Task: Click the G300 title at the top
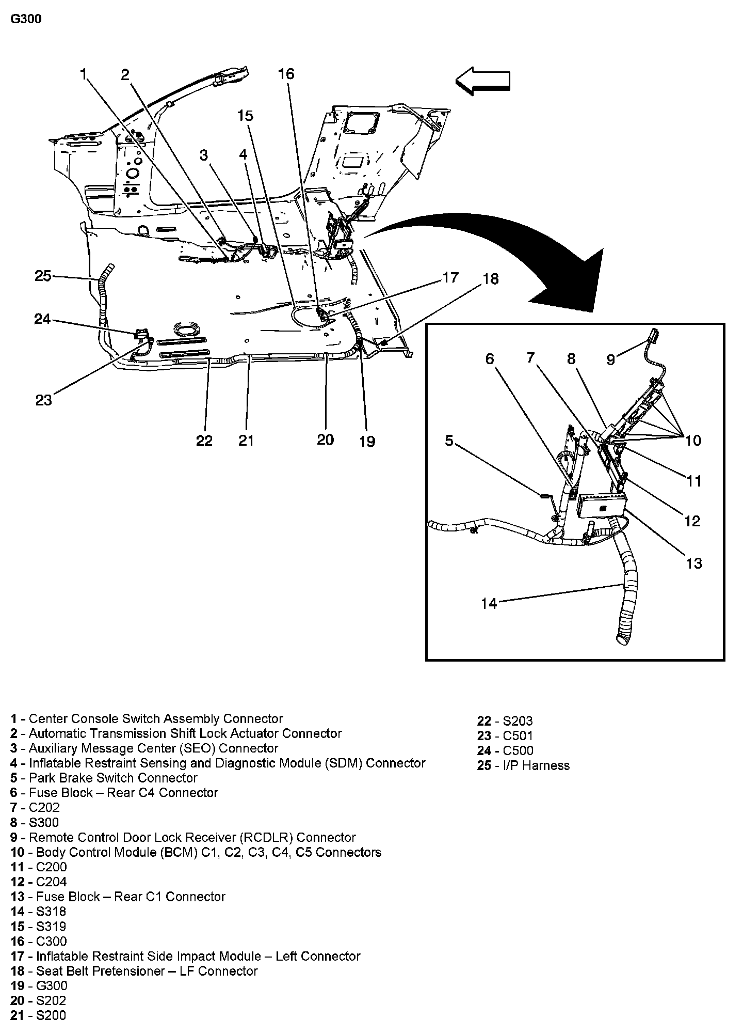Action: coord(26,19)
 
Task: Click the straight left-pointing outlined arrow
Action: coord(483,81)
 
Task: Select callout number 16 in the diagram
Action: coord(286,74)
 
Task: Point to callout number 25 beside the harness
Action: coord(43,276)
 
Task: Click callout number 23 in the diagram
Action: coord(44,400)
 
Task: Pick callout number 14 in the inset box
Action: coord(488,603)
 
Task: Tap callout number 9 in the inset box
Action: coord(611,359)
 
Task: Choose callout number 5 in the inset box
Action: coord(449,441)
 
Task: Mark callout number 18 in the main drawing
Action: coord(490,279)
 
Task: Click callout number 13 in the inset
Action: coord(694,562)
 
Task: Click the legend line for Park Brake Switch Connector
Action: coord(104,778)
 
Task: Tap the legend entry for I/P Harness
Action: coord(523,765)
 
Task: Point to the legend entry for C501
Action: coord(505,735)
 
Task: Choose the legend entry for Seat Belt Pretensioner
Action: coord(134,971)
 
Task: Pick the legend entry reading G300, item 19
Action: coord(39,986)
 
